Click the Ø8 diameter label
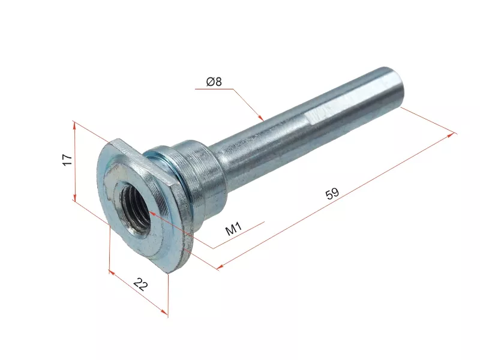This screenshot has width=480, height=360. [x=214, y=82]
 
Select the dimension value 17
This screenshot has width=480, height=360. [x=67, y=160]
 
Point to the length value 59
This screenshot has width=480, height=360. [x=332, y=193]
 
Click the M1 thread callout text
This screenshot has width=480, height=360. [x=233, y=229]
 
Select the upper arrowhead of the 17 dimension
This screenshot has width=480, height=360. [x=76, y=124]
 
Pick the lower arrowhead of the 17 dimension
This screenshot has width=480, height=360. [x=75, y=199]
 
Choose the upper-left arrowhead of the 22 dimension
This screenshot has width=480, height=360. [x=112, y=272]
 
